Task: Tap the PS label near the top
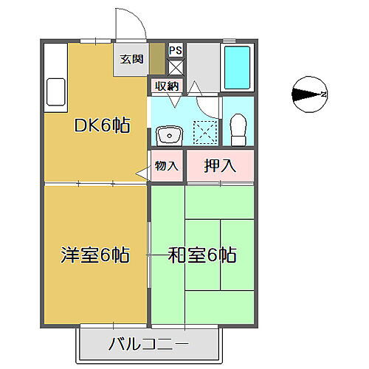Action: tap(175, 50)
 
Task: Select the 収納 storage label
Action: tap(166, 86)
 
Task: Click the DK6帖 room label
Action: tap(101, 125)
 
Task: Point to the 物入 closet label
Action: tap(167, 166)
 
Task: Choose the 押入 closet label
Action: tap(219, 166)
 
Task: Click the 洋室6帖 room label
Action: tap(95, 256)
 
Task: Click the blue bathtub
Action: tap(237, 67)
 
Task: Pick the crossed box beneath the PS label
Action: tap(175, 66)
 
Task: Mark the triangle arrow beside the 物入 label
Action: tap(142, 173)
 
